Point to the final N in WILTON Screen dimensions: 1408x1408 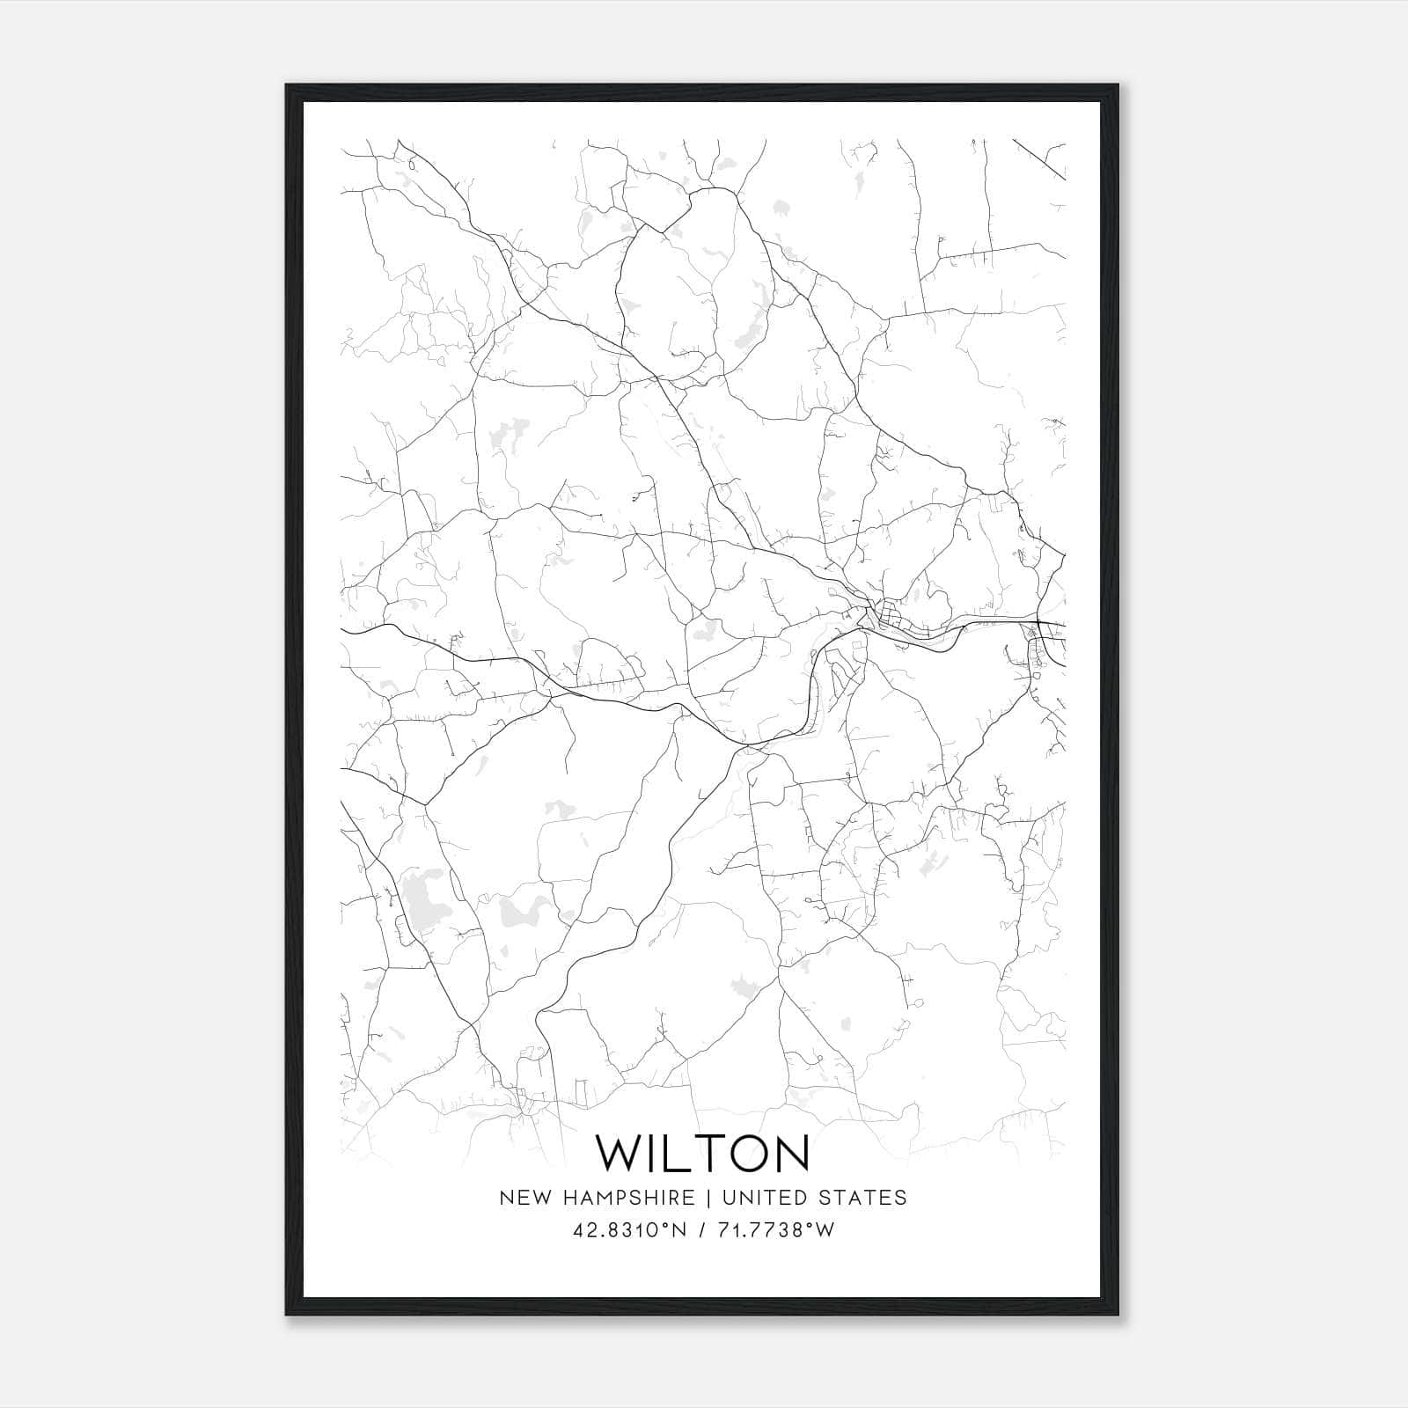788,1153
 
